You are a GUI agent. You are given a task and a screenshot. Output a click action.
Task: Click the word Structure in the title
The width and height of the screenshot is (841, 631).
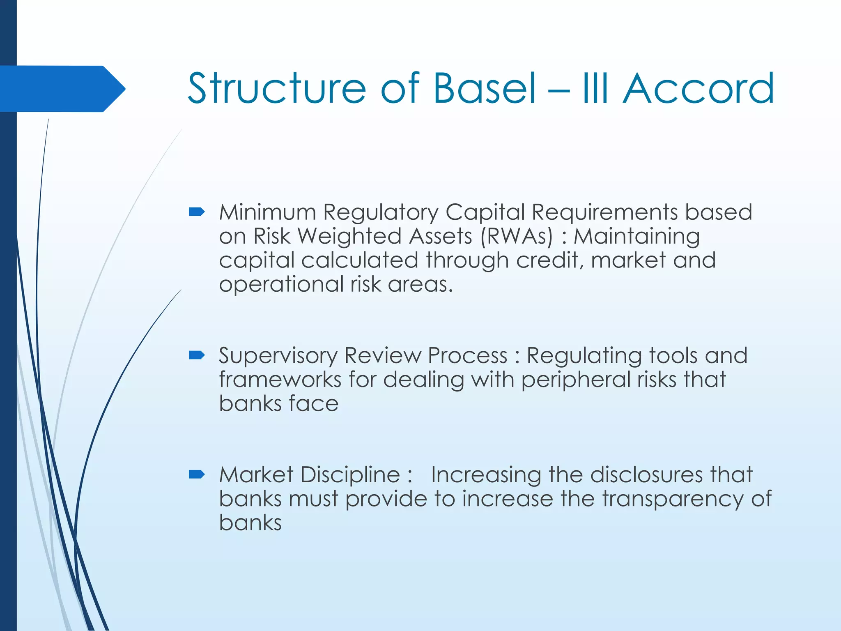276,88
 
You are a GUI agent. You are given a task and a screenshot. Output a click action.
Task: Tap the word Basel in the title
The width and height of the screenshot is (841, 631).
485,88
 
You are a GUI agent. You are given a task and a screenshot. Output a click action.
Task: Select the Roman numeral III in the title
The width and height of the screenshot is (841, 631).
595,88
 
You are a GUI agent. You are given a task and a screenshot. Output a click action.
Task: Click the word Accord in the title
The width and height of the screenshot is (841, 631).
698,88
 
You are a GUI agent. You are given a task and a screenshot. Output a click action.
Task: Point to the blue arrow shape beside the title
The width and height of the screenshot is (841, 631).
62,89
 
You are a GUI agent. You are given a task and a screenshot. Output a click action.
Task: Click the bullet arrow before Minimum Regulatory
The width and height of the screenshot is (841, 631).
197,212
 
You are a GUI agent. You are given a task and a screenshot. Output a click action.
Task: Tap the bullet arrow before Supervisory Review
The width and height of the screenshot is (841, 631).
197,355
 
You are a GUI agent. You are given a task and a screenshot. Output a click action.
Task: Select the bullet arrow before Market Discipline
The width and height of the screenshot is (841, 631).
197,475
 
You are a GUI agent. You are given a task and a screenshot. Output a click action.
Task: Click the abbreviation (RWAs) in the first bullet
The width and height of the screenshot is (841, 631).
517,237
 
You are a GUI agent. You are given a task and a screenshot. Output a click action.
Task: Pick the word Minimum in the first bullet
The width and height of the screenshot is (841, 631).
267,212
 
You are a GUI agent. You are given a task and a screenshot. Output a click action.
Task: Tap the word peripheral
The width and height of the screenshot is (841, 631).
577,380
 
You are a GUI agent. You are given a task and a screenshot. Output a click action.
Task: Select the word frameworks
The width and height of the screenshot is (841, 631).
280,379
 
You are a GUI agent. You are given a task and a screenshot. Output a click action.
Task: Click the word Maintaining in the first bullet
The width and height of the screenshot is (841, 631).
636,237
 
